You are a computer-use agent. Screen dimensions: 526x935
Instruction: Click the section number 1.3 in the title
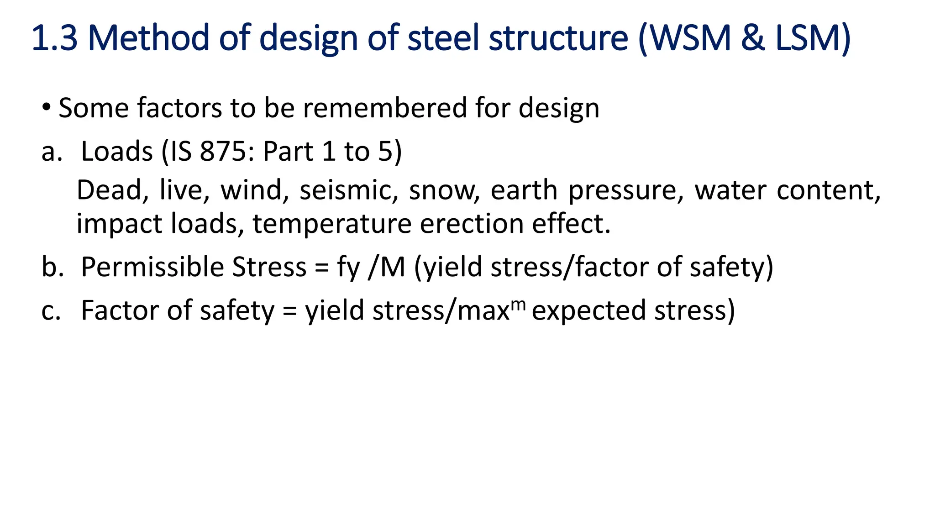55,38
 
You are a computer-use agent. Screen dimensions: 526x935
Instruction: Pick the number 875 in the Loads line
223,151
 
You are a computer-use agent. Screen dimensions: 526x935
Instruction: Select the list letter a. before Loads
51,152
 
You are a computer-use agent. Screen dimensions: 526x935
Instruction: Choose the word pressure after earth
626,190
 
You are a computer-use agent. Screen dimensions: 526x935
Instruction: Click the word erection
471,224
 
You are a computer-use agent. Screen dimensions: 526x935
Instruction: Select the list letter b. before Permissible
52,267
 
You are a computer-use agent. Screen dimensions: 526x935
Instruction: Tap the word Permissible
152,267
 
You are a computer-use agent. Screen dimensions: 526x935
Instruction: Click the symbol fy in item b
348,268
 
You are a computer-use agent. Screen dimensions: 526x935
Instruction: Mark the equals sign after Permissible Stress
321,268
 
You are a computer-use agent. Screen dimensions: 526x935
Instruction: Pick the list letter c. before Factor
51,310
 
